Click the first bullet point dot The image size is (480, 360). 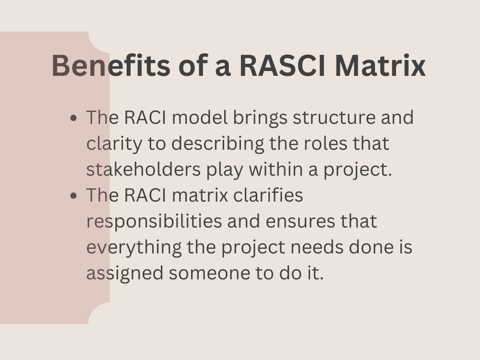(73, 118)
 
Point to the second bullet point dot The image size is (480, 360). (73, 196)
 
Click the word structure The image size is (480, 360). (334, 118)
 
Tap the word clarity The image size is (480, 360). (114, 144)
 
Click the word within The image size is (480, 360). (272, 170)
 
